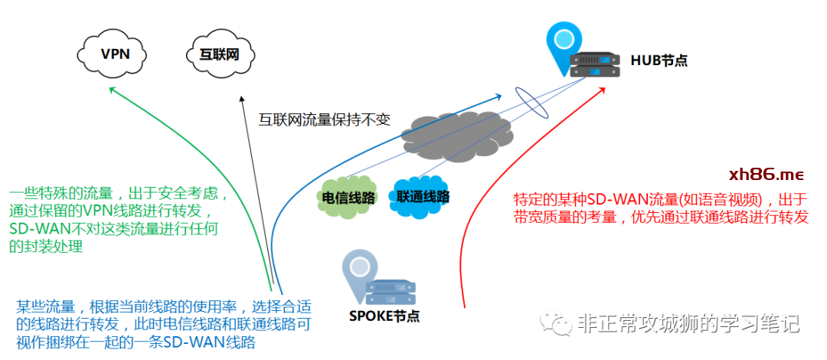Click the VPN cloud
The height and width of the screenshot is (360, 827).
click(115, 53)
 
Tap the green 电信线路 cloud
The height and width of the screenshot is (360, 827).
click(349, 198)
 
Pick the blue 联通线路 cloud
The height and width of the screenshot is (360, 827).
click(422, 195)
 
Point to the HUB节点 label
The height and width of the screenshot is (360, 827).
click(659, 60)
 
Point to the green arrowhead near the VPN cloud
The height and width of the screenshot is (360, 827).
click(112, 90)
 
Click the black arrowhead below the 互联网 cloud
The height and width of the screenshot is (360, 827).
click(243, 99)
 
